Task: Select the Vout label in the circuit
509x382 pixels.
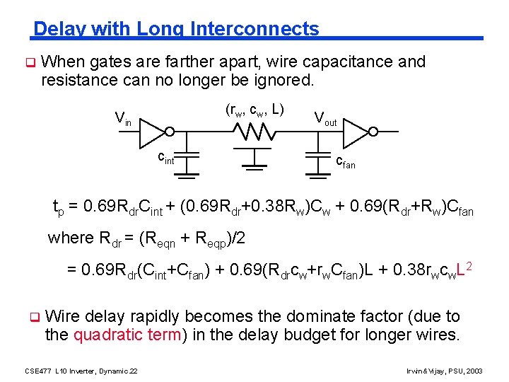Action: coord(325,118)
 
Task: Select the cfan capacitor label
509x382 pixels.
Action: coord(345,163)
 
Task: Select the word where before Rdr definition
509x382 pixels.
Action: coord(70,238)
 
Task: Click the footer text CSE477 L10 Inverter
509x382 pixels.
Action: coord(81,371)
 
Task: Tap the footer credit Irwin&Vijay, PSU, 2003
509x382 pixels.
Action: coord(445,371)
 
